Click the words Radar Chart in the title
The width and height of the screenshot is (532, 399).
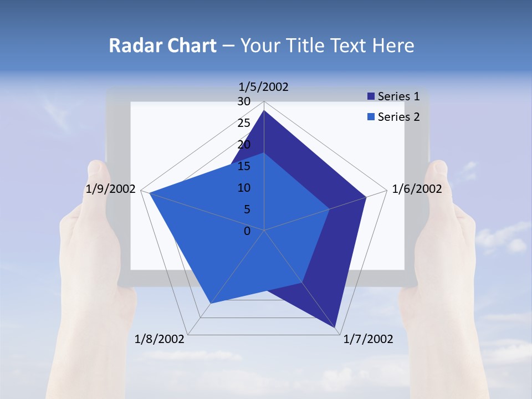pos(162,45)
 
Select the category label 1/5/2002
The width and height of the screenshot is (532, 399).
pos(264,86)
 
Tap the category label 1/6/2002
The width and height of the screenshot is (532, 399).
pos(417,189)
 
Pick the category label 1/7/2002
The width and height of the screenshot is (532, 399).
pos(368,339)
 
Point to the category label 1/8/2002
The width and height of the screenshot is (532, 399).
pos(160,339)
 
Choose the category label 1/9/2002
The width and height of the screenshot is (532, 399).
pos(111,189)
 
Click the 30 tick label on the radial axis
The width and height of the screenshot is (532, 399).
pos(244,101)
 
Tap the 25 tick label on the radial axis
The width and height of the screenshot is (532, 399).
pos(244,123)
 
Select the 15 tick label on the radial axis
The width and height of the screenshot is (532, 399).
pos(244,166)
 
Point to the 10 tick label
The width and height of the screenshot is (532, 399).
pos(244,188)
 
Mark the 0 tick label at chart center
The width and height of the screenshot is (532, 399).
pos(247,231)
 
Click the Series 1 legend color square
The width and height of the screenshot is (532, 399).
pos(371,96)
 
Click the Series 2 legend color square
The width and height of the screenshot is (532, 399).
pos(371,117)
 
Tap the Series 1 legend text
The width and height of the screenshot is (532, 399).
pos(398,96)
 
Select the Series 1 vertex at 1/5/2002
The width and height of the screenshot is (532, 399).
pos(264,110)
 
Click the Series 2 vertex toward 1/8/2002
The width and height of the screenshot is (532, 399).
pos(211,303)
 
